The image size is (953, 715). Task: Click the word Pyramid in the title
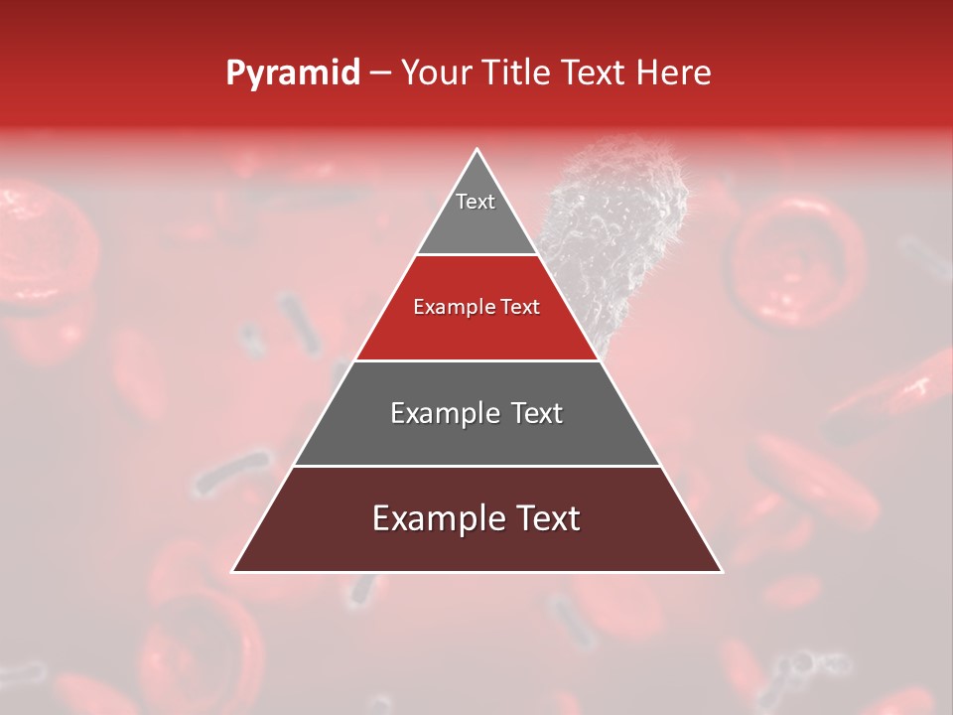292,73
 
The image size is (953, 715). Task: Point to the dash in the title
380,73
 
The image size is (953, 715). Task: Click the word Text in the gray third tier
536,413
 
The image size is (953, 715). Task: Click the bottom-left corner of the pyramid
234,571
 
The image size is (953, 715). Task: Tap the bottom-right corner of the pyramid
721,571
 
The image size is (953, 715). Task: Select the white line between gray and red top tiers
476,255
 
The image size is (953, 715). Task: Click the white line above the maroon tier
476,466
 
